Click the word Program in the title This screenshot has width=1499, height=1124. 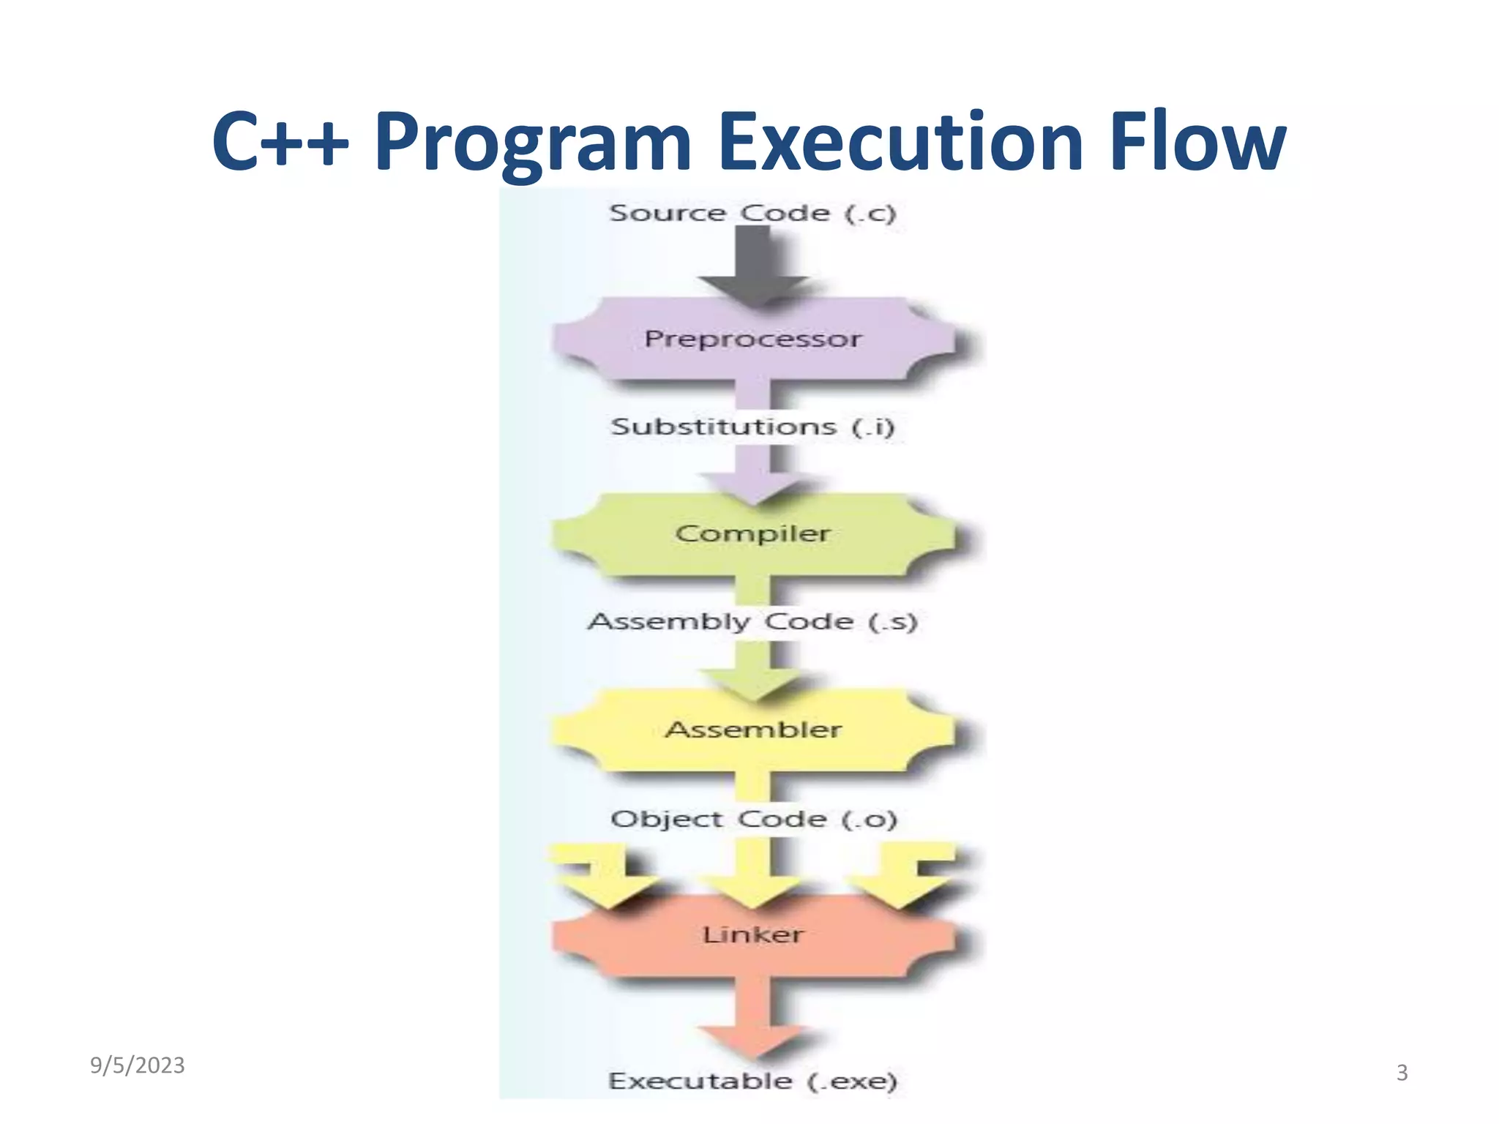[x=532, y=143]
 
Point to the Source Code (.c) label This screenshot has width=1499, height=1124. [x=752, y=213]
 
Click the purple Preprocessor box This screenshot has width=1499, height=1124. [x=752, y=339]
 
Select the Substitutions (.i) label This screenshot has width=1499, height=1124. [x=752, y=426]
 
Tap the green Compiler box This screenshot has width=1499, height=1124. [x=752, y=533]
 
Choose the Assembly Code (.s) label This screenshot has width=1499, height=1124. [x=752, y=621]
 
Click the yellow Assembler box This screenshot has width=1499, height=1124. [x=752, y=730]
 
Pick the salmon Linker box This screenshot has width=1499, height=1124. [x=752, y=934]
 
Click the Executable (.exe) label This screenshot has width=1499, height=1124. [x=752, y=1081]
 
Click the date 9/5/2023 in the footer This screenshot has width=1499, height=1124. [x=138, y=1065]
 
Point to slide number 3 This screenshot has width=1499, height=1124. [x=1402, y=1073]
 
